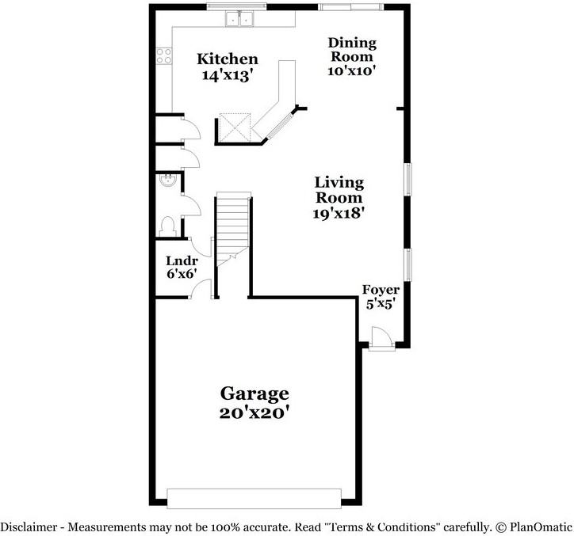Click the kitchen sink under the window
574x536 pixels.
(x=239, y=18)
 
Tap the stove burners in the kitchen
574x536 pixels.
(x=164, y=55)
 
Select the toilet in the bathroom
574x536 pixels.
(x=166, y=226)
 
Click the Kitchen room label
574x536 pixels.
(x=228, y=59)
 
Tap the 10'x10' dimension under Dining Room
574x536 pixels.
(x=351, y=70)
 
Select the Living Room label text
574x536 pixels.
(x=339, y=190)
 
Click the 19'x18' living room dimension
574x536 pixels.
(x=339, y=212)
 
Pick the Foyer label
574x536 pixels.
(x=381, y=290)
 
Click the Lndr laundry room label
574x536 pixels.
(x=181, y=260)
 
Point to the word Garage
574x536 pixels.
(x=254, y=393)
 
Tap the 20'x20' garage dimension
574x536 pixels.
(x=254, y=412)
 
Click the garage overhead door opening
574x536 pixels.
(x=254, y=498)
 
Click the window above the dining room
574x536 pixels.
(x=350, y=7)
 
